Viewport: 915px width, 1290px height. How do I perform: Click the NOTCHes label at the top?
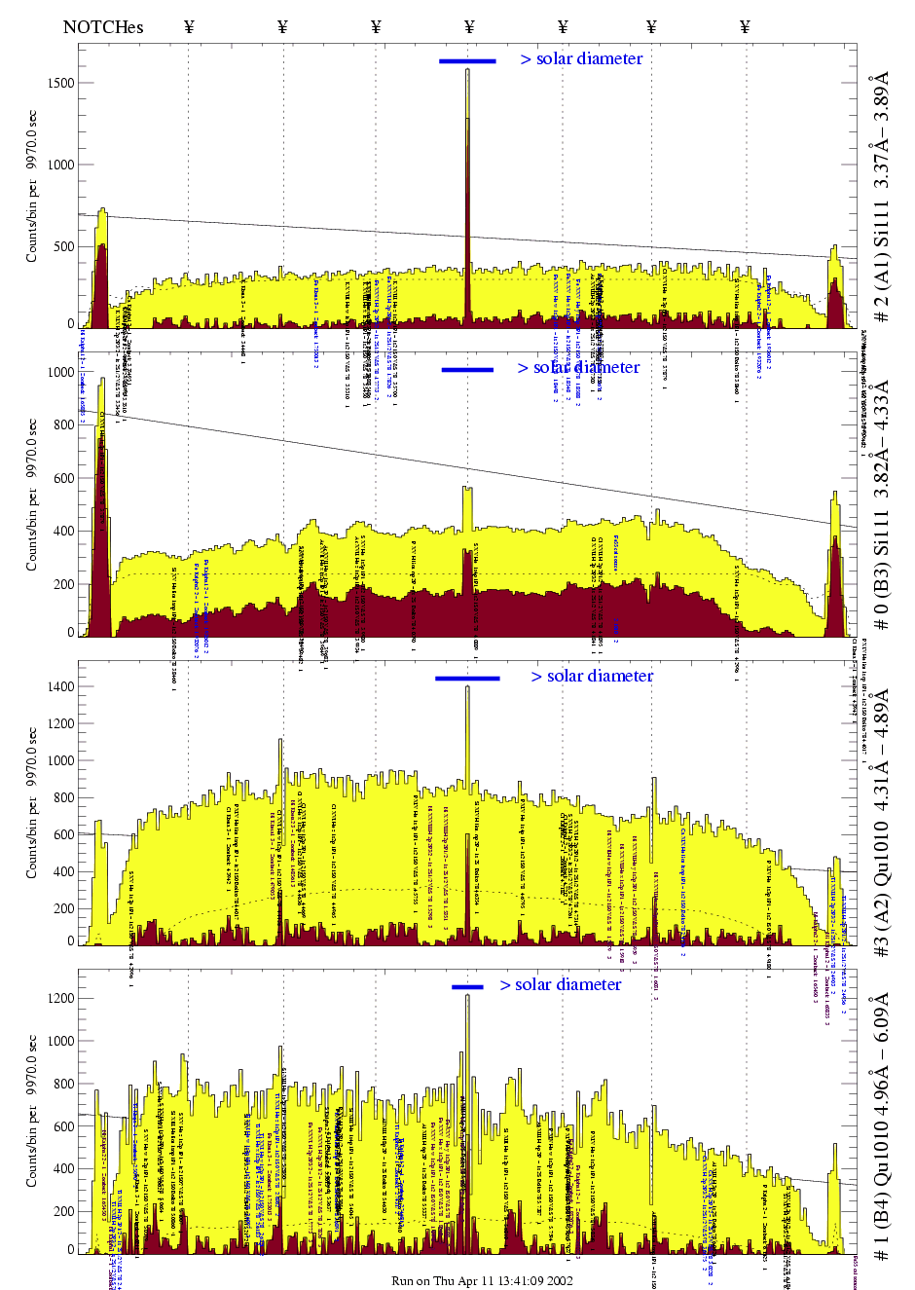tap(103, 27)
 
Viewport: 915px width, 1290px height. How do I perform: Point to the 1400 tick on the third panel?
tap(60, 686)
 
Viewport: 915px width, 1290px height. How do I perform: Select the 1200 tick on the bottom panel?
tap(60, 998)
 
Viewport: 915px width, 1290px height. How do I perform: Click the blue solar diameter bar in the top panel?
tap(467, 61)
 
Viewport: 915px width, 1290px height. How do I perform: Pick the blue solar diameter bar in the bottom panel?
tap(467, 987)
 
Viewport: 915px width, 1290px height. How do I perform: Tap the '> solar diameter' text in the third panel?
tap(592, 676)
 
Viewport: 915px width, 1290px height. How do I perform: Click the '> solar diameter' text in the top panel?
tap(581, 58)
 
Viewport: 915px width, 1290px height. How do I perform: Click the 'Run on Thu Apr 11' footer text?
tap(482, 1280)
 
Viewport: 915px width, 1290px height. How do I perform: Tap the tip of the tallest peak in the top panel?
tap(467, 70)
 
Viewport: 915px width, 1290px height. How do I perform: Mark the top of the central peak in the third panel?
tap(467, 687)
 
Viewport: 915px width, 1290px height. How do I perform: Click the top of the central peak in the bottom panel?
tap(467, 996)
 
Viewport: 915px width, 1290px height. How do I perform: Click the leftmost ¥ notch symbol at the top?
tap(189, 27)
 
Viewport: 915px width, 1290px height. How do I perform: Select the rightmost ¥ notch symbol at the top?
tap(745, 27)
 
